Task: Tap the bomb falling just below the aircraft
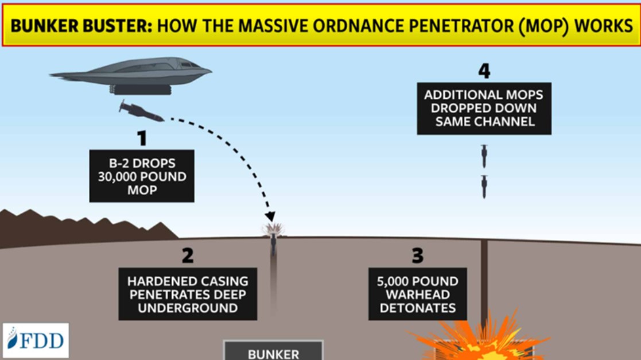(141, 111)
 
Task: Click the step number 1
(142, 138)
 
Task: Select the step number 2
(188, 256)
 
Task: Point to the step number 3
(417, 256)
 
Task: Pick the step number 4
(484, 71)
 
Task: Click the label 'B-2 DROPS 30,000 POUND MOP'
(142, 176)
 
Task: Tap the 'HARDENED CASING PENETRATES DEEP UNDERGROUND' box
(188, 294)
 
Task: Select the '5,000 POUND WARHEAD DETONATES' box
(417, 294)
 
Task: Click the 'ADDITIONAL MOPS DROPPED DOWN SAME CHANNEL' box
(484, 109)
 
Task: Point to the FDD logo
(36, 340)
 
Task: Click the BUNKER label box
(274, 351)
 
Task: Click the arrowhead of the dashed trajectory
(270, 216)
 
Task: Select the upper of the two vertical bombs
(484, 156)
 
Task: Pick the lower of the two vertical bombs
(484, 187)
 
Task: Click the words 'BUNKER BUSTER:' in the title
(81, 26)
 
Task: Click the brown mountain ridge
(81, 229)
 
